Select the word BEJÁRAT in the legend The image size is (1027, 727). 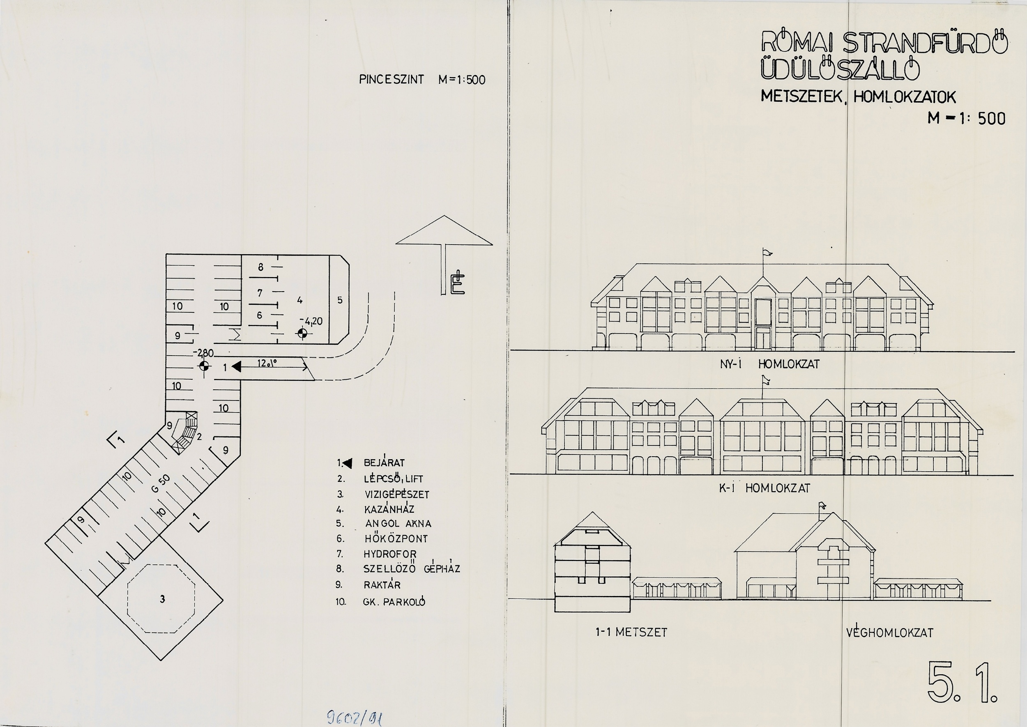tap(384, 462)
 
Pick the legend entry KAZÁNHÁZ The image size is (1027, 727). tap(389, 509)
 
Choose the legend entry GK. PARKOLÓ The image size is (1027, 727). tap(394, 602)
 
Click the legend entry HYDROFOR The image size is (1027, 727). tap(390, 554)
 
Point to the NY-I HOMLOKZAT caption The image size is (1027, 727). tap(769, 364)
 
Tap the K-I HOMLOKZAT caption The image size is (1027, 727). tap(764, 488)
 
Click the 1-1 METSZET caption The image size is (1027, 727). tap(631, 632)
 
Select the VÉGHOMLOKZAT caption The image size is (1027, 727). tap(889, 632)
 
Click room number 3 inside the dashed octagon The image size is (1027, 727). tap(163, 599)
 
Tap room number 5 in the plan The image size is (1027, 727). tap(340, 300)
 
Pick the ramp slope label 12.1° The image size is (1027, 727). tap(267, 363)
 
